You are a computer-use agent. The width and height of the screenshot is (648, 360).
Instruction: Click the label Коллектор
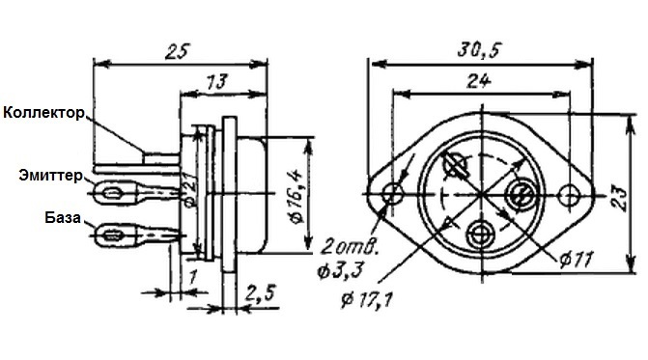pyautogui.click(x=43, y=113)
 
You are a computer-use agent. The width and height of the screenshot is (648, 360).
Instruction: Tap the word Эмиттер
pyautogui.click(x=50, y=176)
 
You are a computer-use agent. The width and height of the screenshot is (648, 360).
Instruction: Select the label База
pyautogui.click(x=63, y=217)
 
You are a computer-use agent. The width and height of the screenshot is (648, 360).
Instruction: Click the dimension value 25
pyautogui.click(x=177, y=52)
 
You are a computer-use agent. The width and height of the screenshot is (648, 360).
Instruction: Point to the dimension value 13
pyautogui.click(x=216, y=82)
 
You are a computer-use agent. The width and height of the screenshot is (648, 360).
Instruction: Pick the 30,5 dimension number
pyautogui.click(x=479, y=49)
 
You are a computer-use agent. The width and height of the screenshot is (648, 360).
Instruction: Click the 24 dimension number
pyautogui.click(x=479, y=80)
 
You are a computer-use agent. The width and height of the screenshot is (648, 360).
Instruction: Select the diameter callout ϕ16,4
pyautogui.click(x=296, y=197)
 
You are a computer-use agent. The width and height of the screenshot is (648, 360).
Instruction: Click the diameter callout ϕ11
pyautogui.click(x=577, y=260)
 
